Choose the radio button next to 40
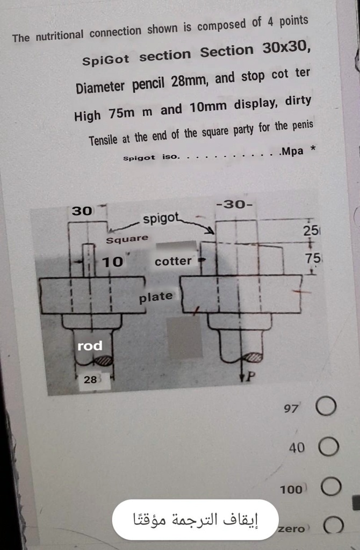tap(329, 447)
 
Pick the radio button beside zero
tap(333, 526)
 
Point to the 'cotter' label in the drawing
tap(173, 262)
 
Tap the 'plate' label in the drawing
tap(156, 296)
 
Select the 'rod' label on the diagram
tap(90, 346)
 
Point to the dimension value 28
tap(90, 380)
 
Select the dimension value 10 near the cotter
tap(113, 262)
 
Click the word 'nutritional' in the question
tap(59, 35)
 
